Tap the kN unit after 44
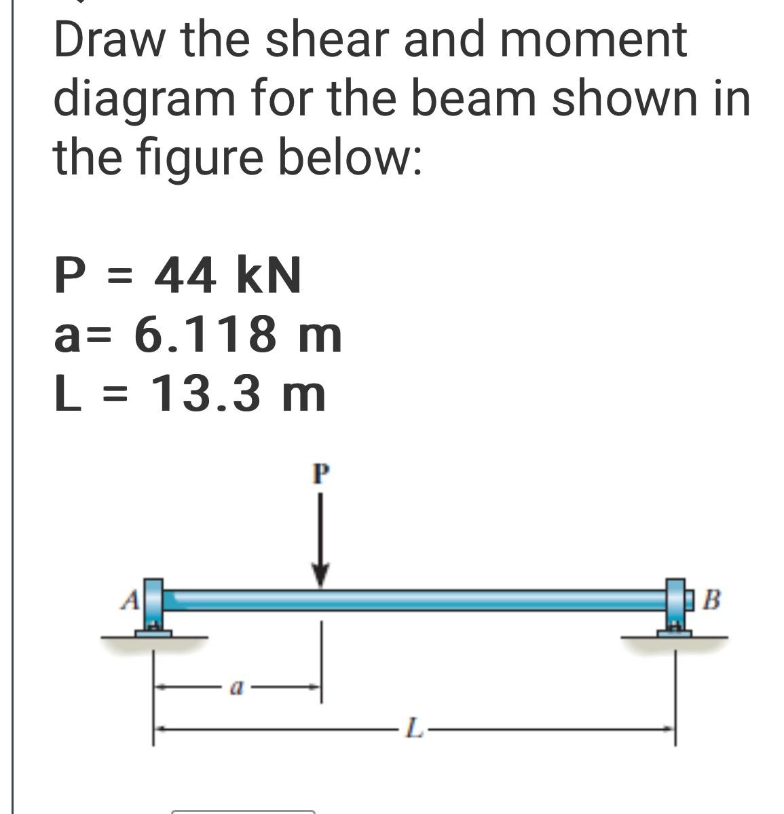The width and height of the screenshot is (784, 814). click(267, 276)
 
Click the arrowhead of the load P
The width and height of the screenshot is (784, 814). click(321, 576)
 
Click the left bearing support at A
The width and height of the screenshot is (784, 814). click(154, 607)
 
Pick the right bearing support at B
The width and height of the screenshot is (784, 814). click(675, 607)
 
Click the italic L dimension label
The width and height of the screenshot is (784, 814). click(413, 730)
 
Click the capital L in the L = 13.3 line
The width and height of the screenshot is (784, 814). click(64, 394)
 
